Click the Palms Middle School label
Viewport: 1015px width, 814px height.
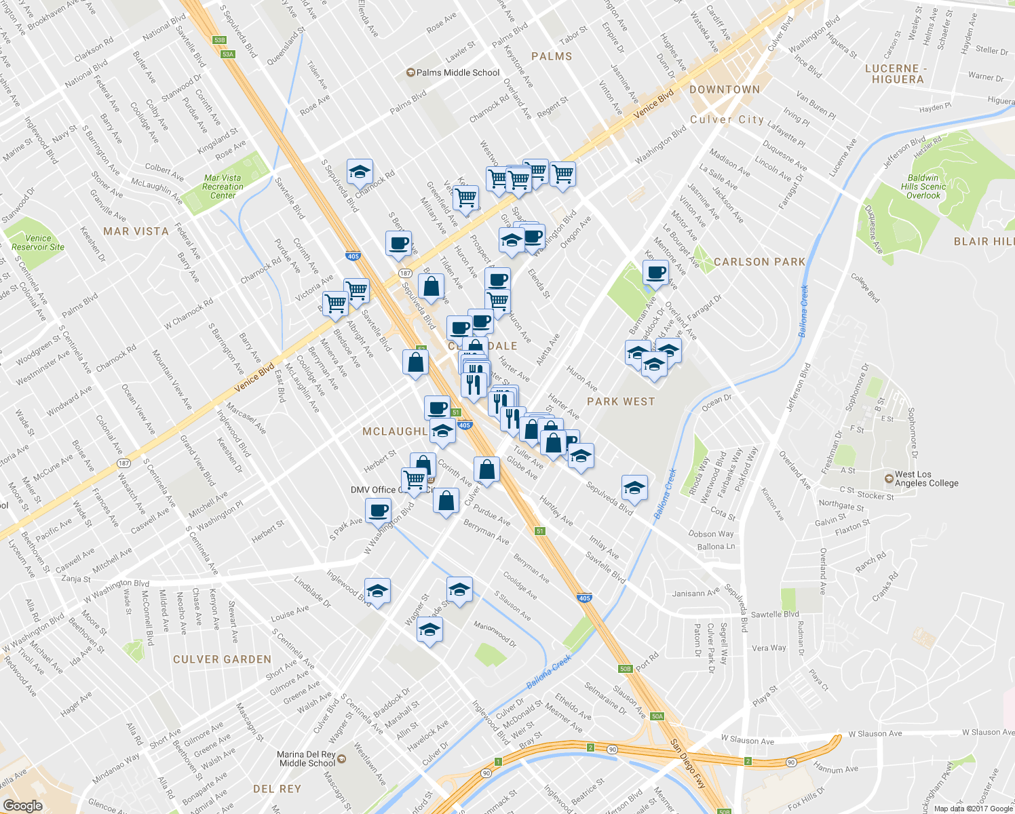coord(457,73)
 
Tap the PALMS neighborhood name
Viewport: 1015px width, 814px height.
coord(552,56)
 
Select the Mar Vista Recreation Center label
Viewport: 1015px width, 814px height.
coord(223,187)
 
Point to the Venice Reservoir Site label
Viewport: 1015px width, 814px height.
coord(38,243)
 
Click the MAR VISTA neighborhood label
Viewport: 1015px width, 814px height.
coord(136,231)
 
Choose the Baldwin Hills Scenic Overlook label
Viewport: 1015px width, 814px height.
coord(923,187)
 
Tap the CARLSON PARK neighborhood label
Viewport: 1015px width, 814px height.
coord(759,262)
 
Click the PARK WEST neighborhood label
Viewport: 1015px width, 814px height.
coord(621,402)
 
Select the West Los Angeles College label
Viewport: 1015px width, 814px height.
coord(926,479)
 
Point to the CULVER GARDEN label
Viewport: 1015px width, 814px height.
coord(222,659)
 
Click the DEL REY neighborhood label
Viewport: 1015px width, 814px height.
coord(277,789)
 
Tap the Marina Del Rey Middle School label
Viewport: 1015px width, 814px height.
coord(307,758)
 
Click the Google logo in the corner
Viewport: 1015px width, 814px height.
coord(22,805)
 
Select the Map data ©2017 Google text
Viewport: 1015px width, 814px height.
coord(973,809)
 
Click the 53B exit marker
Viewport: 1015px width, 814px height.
coord(219,40)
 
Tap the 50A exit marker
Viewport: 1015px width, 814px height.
coord(657,716)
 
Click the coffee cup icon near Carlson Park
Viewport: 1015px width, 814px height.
coord(655,273)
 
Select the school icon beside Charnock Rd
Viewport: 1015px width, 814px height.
coord(359,172)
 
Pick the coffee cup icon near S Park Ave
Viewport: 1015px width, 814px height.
coord(378,510)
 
